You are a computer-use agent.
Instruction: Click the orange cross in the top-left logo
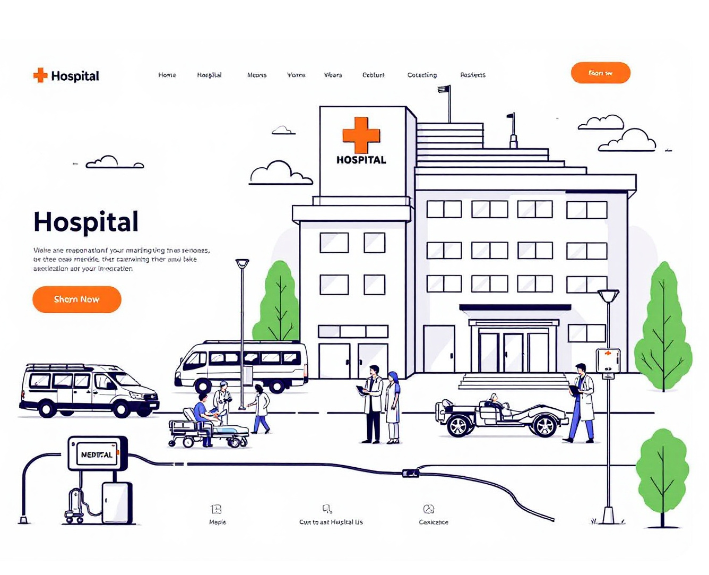pos(40,75)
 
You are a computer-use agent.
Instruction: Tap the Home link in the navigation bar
pos(167,75)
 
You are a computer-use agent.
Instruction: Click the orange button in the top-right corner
pos(600,73)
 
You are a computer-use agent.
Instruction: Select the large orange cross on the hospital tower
pos(361,135)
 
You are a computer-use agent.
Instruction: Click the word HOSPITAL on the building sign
pos(361,160)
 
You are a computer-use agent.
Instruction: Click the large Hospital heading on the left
pos(86,222)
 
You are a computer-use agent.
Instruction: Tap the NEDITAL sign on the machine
pos(97,454)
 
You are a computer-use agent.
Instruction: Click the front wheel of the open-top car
pos(544,425)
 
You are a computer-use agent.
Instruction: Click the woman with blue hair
pos(393,406)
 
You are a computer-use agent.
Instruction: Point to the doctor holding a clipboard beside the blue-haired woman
pos(373,404)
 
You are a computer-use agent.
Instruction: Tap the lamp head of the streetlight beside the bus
pos(243,263)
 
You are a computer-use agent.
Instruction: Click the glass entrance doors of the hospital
pos(513,352)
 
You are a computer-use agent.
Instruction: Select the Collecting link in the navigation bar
pos(422,75)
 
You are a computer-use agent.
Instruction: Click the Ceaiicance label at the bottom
pos(434,522)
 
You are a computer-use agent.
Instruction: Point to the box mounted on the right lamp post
pos(608,362)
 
